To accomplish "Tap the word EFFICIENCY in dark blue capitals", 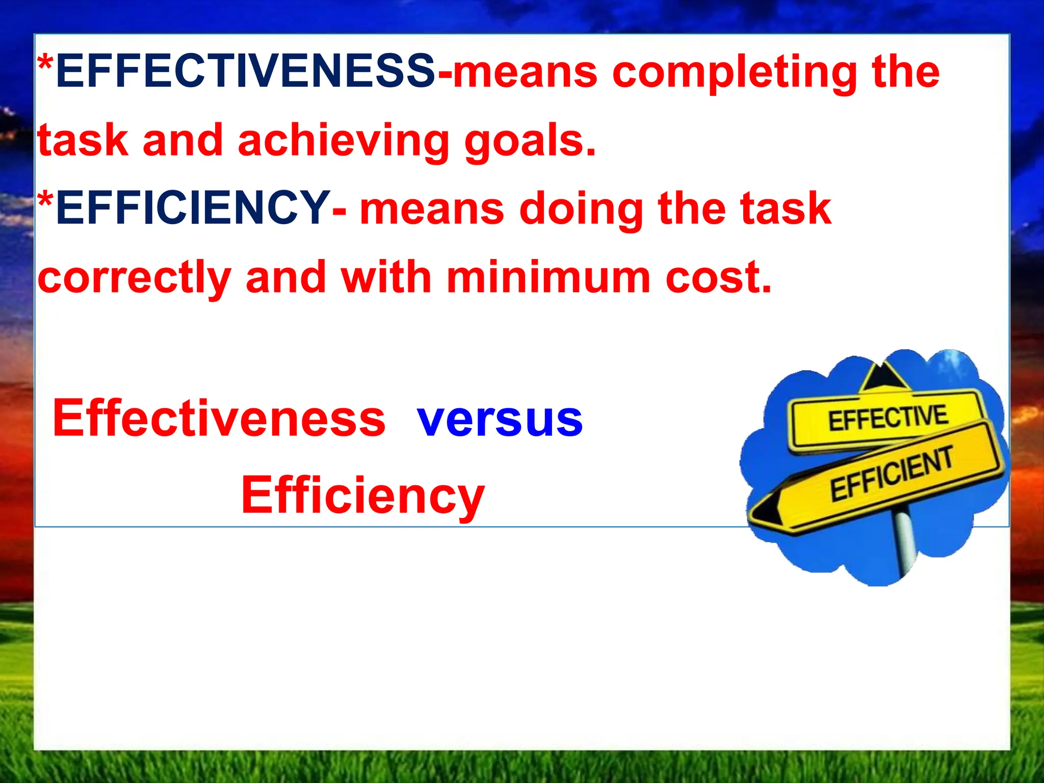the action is (193, 207).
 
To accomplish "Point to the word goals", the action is (530, 142).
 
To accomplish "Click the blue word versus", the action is (500, 420).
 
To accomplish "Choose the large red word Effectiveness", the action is (219, 417).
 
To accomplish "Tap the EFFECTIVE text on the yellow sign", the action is (888, 419).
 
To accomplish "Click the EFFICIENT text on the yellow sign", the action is (892, 474).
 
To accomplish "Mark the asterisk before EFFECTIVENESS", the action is (45, 65).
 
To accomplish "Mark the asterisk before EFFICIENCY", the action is (45, 201).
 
